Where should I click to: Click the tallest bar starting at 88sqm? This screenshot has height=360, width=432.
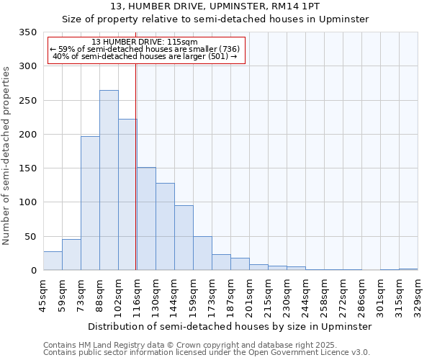pyautogui.click(x=109, y=180)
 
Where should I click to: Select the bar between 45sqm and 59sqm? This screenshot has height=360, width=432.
pyautogui.click(x=53, y=261)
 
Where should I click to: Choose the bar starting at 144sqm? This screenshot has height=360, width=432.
pyautogui.click(x=184, y=238)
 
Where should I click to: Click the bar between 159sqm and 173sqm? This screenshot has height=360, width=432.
pyautogui.click(x=202, y=253)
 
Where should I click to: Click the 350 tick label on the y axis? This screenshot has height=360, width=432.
pyautogui.click(x=27, y=32)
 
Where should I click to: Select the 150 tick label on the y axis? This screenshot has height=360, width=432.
pyautogui.click(x=27, y=168)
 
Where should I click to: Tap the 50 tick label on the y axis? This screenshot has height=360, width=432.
pyautogui.click(x=30, y=236)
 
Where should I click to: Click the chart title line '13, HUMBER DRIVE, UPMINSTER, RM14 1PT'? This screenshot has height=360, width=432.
pyautogui.click(x=215, y=6)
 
